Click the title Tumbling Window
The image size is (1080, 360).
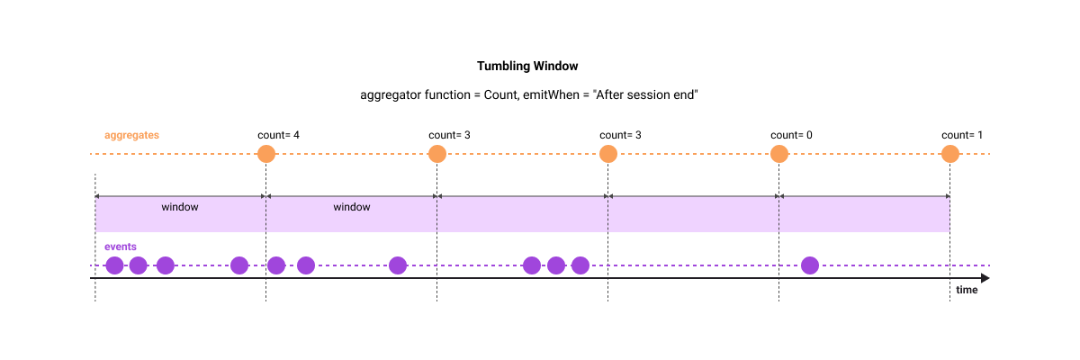click(x=527, y=67)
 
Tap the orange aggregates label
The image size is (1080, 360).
click(x=131, y=135)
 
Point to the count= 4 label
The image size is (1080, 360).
click(x=278, y=135)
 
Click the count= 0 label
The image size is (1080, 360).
click(x=791, y=135)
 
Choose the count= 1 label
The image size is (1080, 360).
click(x=962, y=135)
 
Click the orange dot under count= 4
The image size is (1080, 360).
click(x=265, y=154)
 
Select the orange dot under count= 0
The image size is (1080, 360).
click(x=779, y=154)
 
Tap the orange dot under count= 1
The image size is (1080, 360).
click(x=950, y=154)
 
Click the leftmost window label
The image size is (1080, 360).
click(x=180, y=207)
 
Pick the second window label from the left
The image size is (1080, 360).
click(x=352, y=207)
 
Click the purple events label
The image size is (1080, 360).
click(x=121, y=247)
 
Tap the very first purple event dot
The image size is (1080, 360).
click(x=114, y=265)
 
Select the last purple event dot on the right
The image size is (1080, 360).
click(x=810, y=265)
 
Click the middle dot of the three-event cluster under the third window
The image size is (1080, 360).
click(x=556, y=265)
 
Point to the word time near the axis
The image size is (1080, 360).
click(x=967, y=291)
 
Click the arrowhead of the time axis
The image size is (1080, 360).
click(x=985, y=279)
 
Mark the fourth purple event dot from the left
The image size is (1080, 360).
click(x=239, y=265)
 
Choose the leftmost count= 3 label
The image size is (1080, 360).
click(x=449, y=135)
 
